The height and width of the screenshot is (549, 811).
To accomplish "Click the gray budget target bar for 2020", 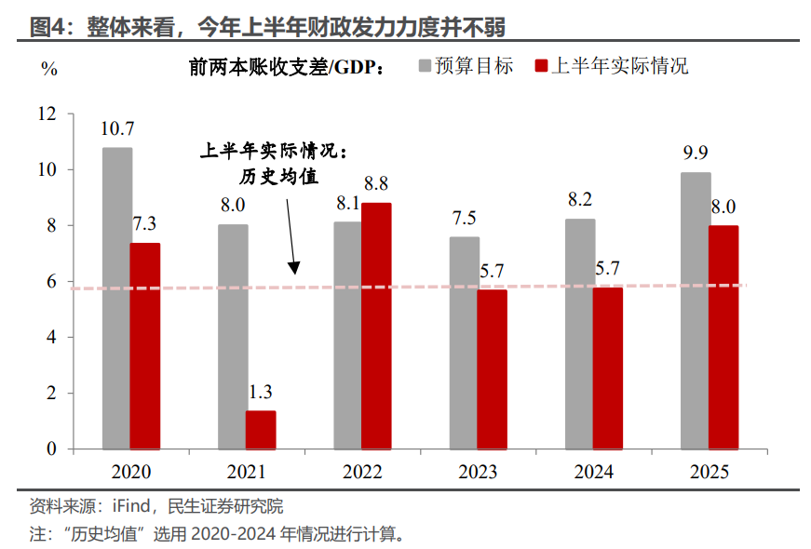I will tap(116, 298).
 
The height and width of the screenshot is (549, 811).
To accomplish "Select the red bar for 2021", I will tap(261, 430).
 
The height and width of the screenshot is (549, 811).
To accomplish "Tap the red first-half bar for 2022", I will tap(376, 326).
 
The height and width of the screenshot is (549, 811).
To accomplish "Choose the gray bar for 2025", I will tap(695, 311).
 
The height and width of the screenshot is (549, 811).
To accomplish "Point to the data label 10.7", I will tap(117, 128).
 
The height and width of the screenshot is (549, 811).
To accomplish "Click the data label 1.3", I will tap(261, 392).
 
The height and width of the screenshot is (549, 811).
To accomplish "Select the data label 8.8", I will tap(376, 183).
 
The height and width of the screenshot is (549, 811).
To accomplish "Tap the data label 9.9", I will tap(696, 153).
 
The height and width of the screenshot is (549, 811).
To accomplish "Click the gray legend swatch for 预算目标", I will tap(426, 66).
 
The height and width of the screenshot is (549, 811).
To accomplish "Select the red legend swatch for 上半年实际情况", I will tap(541, 66).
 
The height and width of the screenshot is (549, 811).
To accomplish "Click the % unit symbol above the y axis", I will tap(49, 69).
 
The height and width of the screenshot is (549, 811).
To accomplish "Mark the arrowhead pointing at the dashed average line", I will tap(293, 268).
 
